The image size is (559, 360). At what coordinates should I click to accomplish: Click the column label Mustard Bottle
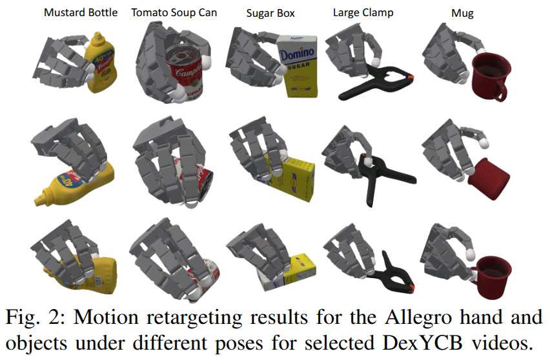[81, 13]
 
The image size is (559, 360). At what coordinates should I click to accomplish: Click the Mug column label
[463, 13]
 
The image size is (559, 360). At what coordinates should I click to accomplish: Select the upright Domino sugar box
[300, 68]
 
